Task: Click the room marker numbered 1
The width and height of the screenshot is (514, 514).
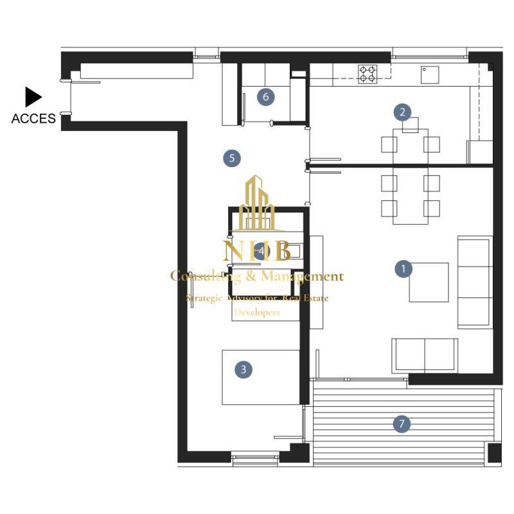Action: (x=403, y=269)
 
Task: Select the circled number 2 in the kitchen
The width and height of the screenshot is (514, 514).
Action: (x=403, y=112)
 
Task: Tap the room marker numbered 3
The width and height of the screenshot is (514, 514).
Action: (x=244, y=369)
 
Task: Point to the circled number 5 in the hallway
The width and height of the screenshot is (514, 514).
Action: (x=232, y=158)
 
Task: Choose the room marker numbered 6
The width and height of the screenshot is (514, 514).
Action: (x=265, y=97)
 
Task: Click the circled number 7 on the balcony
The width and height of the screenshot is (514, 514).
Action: (x=402, y=424)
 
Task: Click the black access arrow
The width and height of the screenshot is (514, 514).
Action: (x=34, y=97)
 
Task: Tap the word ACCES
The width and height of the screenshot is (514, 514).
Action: (x=33, y=118)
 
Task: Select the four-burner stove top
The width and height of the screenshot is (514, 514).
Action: (x=368, y=74)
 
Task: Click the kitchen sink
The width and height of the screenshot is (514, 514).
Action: (x=430, y=75)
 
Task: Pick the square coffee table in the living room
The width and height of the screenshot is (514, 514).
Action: (x=429, y=282)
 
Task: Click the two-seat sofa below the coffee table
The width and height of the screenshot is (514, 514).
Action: (x=425, y=356)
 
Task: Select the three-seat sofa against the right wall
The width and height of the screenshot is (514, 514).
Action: (x=475, y=282)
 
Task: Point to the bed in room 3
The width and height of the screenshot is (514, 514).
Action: (x=261, y=377)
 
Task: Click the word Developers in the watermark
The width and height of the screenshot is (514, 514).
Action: (x=257, y=312)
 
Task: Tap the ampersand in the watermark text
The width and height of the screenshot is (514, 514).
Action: (x=251, y=276)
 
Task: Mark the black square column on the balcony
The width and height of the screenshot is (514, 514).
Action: (x=495, y=453)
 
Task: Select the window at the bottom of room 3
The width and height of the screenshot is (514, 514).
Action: (x=255, y=458)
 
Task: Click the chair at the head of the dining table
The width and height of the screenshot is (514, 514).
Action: (x=411, y=125)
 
